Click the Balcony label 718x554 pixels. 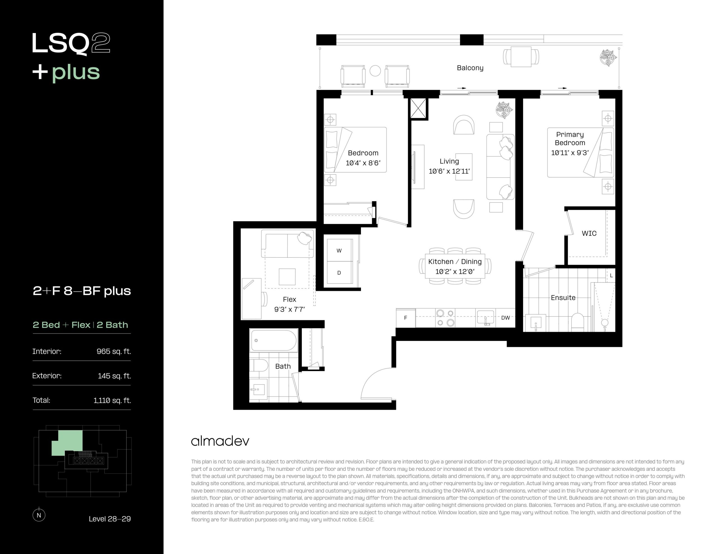pos(470,68)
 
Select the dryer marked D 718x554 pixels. pos(340,273)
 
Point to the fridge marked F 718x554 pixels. pos(406,318)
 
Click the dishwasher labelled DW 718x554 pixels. pos(505,318)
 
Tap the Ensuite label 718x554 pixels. pos(563,297)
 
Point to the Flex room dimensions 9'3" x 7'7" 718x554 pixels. pos(290,309)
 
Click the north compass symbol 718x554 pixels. pos(39,515)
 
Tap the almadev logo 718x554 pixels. pos(220,441)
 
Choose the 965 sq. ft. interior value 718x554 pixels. pos(114,352)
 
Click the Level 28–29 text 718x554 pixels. pos(110,519)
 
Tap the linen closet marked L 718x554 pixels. pos(611,276)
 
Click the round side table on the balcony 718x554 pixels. pos(375,71)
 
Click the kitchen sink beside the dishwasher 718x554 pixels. pos(485,318)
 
